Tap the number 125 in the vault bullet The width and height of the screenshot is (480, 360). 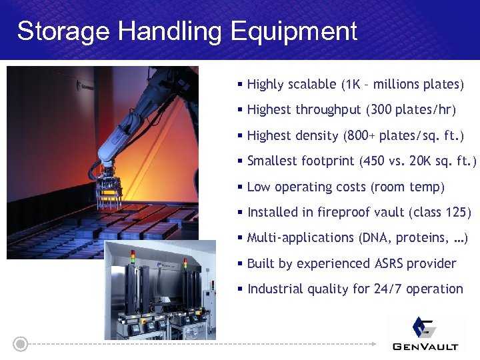coord(454,213)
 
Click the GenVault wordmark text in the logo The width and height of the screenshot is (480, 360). coord(426,345)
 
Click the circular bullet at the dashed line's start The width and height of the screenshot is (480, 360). coord(21,345)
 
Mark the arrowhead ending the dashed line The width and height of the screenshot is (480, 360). coord(373,345)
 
